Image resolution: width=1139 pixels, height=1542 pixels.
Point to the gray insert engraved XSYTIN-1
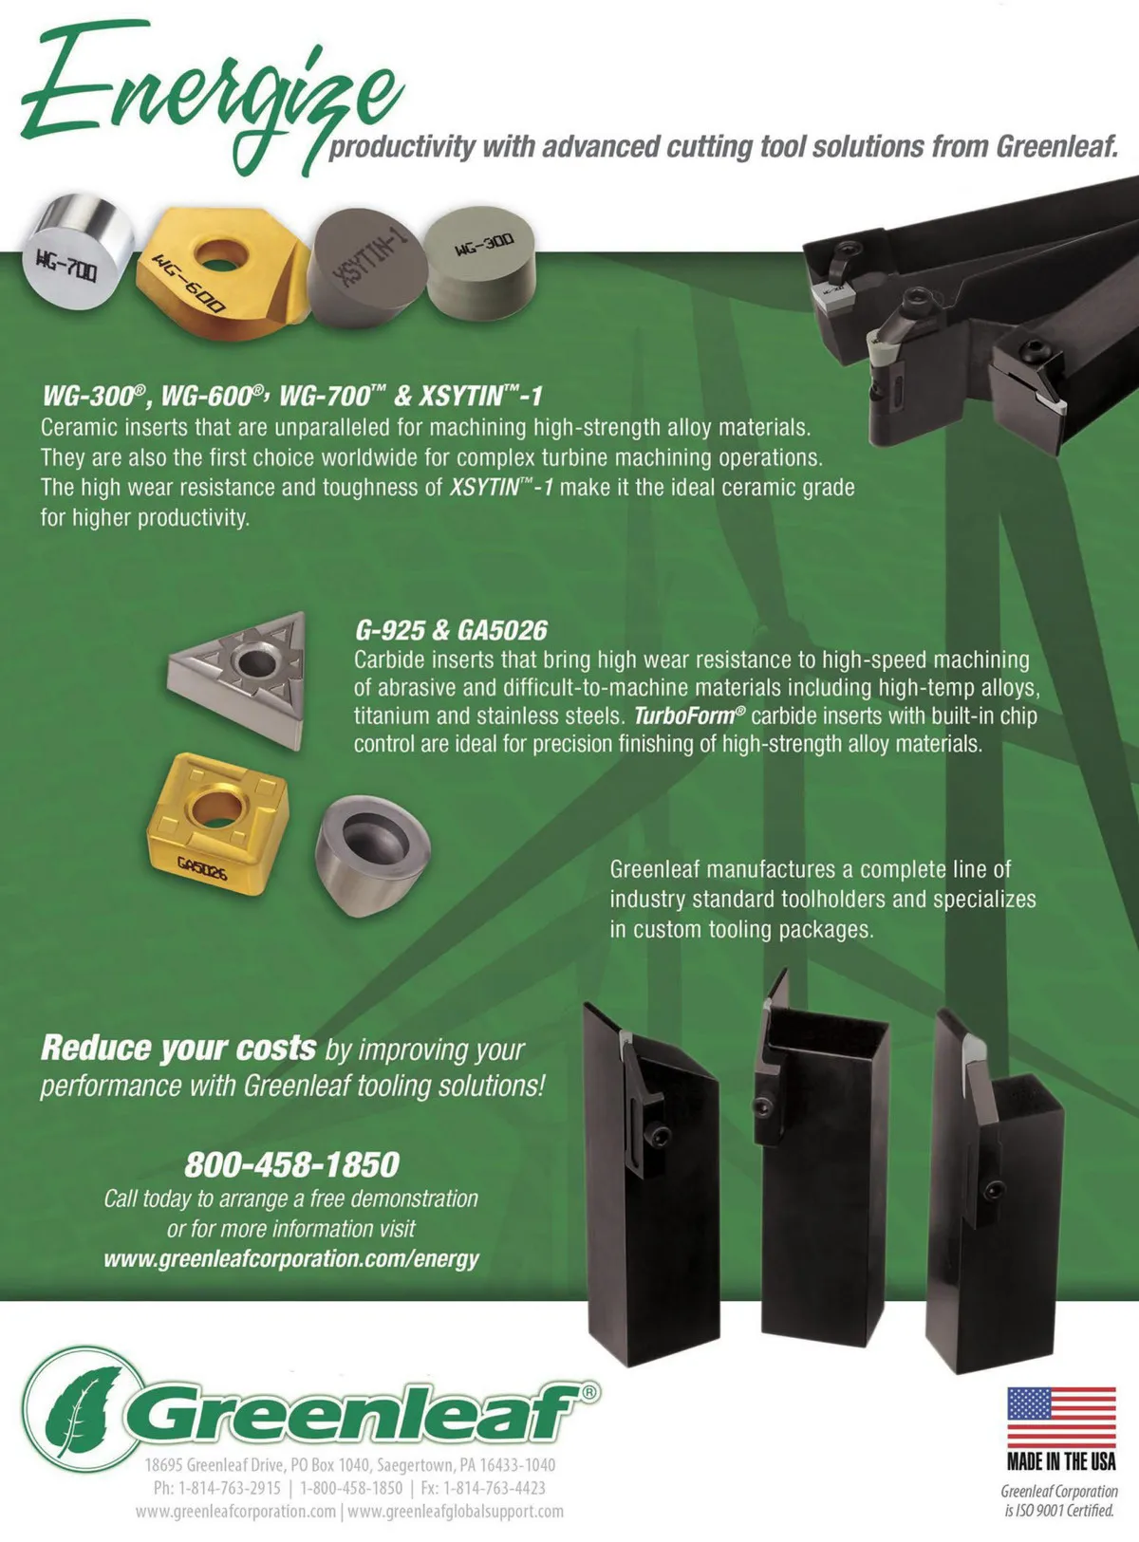(365, 269)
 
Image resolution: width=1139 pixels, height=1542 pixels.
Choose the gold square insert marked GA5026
(217, 824)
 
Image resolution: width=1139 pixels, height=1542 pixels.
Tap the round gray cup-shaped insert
(373, 857)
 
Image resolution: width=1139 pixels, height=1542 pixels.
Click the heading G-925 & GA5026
(451, 631)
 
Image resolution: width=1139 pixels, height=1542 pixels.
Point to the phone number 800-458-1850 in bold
(292, 1164)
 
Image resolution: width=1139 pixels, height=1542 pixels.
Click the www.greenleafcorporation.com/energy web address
(291, 1258)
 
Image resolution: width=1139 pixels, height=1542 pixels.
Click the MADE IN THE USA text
(1061, 1462)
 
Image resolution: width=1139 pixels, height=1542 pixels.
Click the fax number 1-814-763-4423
(495, 1488)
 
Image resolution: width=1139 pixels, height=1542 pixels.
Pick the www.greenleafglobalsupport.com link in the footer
(456, 1511)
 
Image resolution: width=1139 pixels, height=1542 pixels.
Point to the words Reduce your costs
(178, 1049)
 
